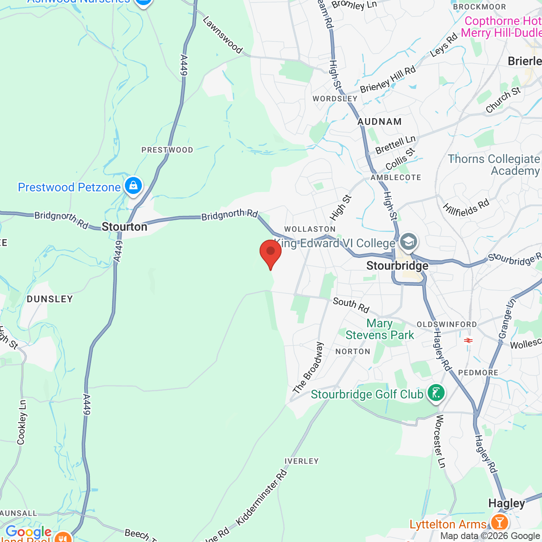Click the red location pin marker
point(271,253)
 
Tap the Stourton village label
point(124,227)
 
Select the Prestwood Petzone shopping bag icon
point(133,186)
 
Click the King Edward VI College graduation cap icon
point(408,242)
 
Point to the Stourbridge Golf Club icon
point(436,393)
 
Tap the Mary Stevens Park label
point(379,329)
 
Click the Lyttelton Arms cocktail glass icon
point(499,522)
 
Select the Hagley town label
point(506,503)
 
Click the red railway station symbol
point(468,340)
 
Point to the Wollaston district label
point(310,229)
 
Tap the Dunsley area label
point(50,299)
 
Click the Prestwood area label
point(167,150)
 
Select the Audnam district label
point(379,122)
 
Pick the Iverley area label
point(301,461)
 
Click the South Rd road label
point(351,305)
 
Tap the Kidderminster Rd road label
point(261,498)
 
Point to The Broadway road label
point(308,368)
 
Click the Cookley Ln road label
point(22,422)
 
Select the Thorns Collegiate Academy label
point(494,165)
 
